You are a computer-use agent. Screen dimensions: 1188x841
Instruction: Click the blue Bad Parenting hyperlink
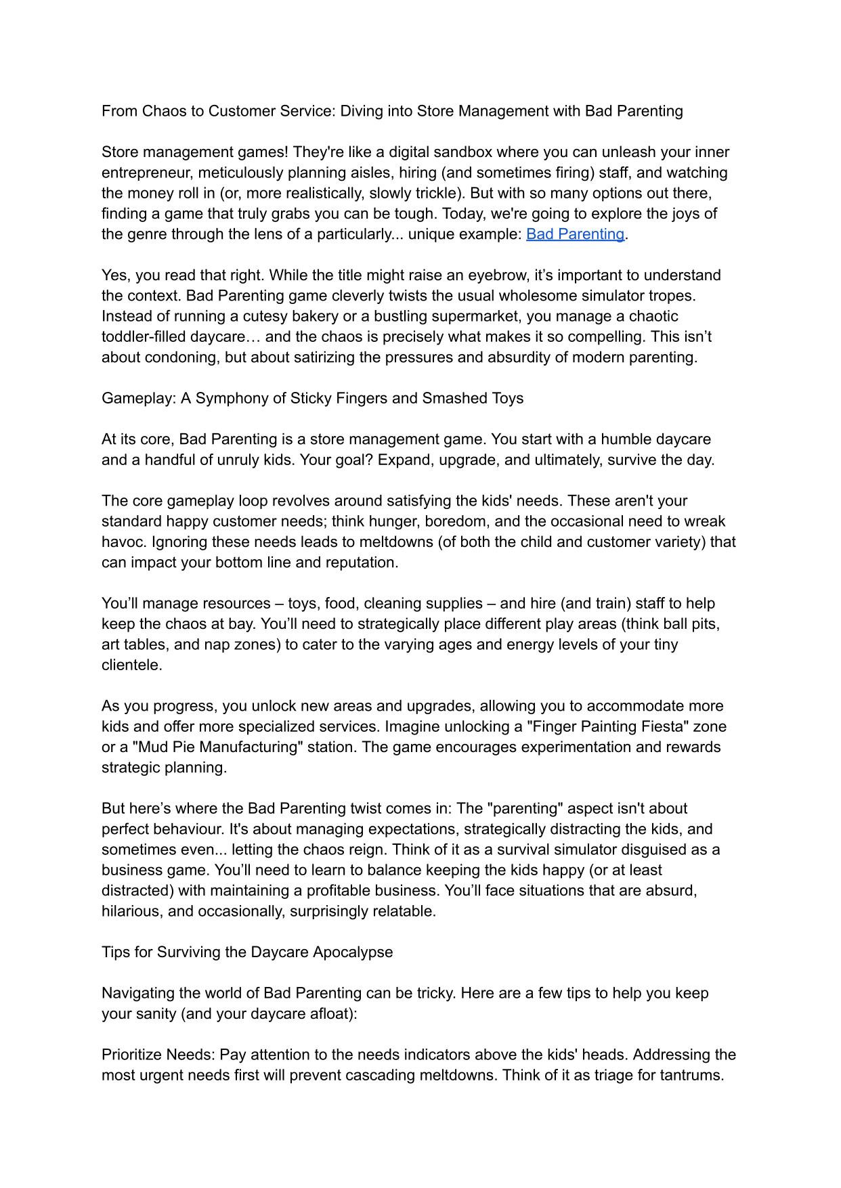[575, 234]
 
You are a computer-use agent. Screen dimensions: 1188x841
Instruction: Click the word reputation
[362, 563]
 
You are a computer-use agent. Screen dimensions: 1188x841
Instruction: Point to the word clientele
[131, 665]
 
